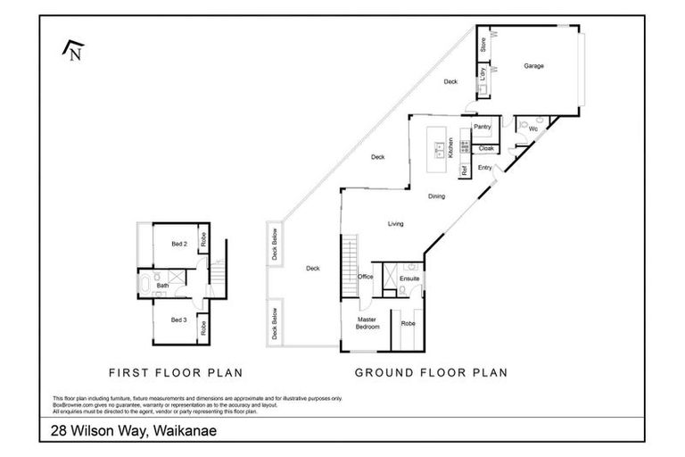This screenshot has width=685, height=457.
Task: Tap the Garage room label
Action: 533,66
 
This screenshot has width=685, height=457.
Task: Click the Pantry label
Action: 483,128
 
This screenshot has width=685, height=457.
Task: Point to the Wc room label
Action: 532,130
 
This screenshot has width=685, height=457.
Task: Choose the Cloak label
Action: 486,148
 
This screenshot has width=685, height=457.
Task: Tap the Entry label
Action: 485,168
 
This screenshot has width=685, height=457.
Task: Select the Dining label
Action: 436,196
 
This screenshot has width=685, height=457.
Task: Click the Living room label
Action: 396,224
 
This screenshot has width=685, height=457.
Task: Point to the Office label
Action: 365,277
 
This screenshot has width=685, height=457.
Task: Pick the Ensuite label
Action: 409,278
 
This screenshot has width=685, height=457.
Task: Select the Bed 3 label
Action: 179,319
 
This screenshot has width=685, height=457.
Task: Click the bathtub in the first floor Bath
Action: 144,286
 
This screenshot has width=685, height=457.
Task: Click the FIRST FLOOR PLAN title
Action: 176,372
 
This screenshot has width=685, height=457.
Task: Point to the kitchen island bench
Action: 439,146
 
